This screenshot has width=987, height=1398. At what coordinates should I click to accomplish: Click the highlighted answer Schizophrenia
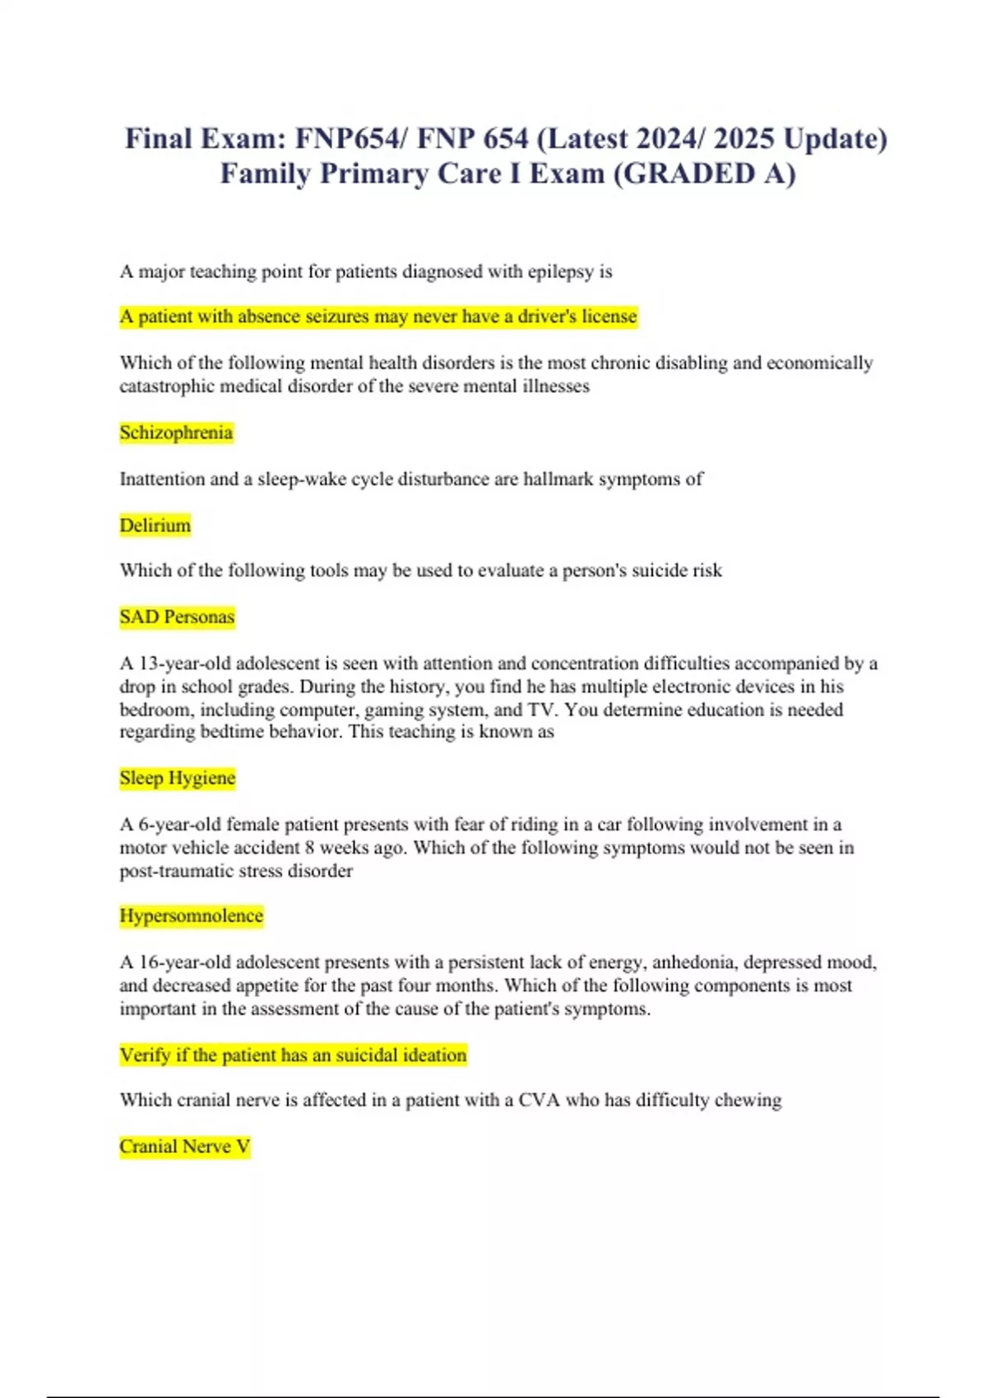[x=176, y=433]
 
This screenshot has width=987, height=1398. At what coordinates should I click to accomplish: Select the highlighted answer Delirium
[x=155, y=525]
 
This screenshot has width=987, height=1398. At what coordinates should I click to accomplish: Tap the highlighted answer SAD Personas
[x=177, y=617]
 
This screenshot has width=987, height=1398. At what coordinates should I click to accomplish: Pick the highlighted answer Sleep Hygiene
[x=177, y=778]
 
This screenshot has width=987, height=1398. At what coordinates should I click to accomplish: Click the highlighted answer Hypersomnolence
[x=191, y=916]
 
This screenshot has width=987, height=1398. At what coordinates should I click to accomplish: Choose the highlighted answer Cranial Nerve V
[x=184, y=1146]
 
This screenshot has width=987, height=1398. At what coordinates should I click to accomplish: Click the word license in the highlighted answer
[x=609, y=317]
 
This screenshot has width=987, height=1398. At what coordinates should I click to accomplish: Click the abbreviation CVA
[x=539, y=1100]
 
